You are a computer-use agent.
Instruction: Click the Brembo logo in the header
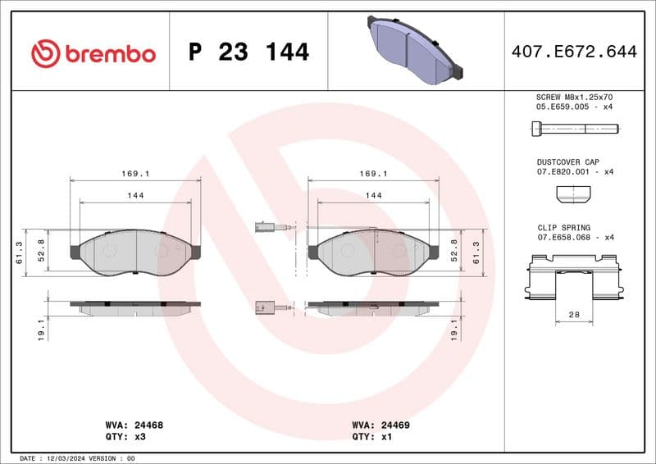point(93,53)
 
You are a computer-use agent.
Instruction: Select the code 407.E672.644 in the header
point(573,52)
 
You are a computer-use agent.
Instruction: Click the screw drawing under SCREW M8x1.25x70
point(574,128)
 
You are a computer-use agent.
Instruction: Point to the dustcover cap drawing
point(573,194)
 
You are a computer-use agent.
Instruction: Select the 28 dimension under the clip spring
point(574,314)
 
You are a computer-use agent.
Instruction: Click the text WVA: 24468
point(134,425)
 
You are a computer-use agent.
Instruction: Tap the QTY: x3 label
point(126,437)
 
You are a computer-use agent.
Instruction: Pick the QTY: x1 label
point(372,437)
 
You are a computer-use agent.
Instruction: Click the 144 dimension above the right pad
point(373,195)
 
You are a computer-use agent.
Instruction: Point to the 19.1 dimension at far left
point(40,330)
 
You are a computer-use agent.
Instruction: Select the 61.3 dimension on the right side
point(476,251)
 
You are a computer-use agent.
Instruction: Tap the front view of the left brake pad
point(135,252)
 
